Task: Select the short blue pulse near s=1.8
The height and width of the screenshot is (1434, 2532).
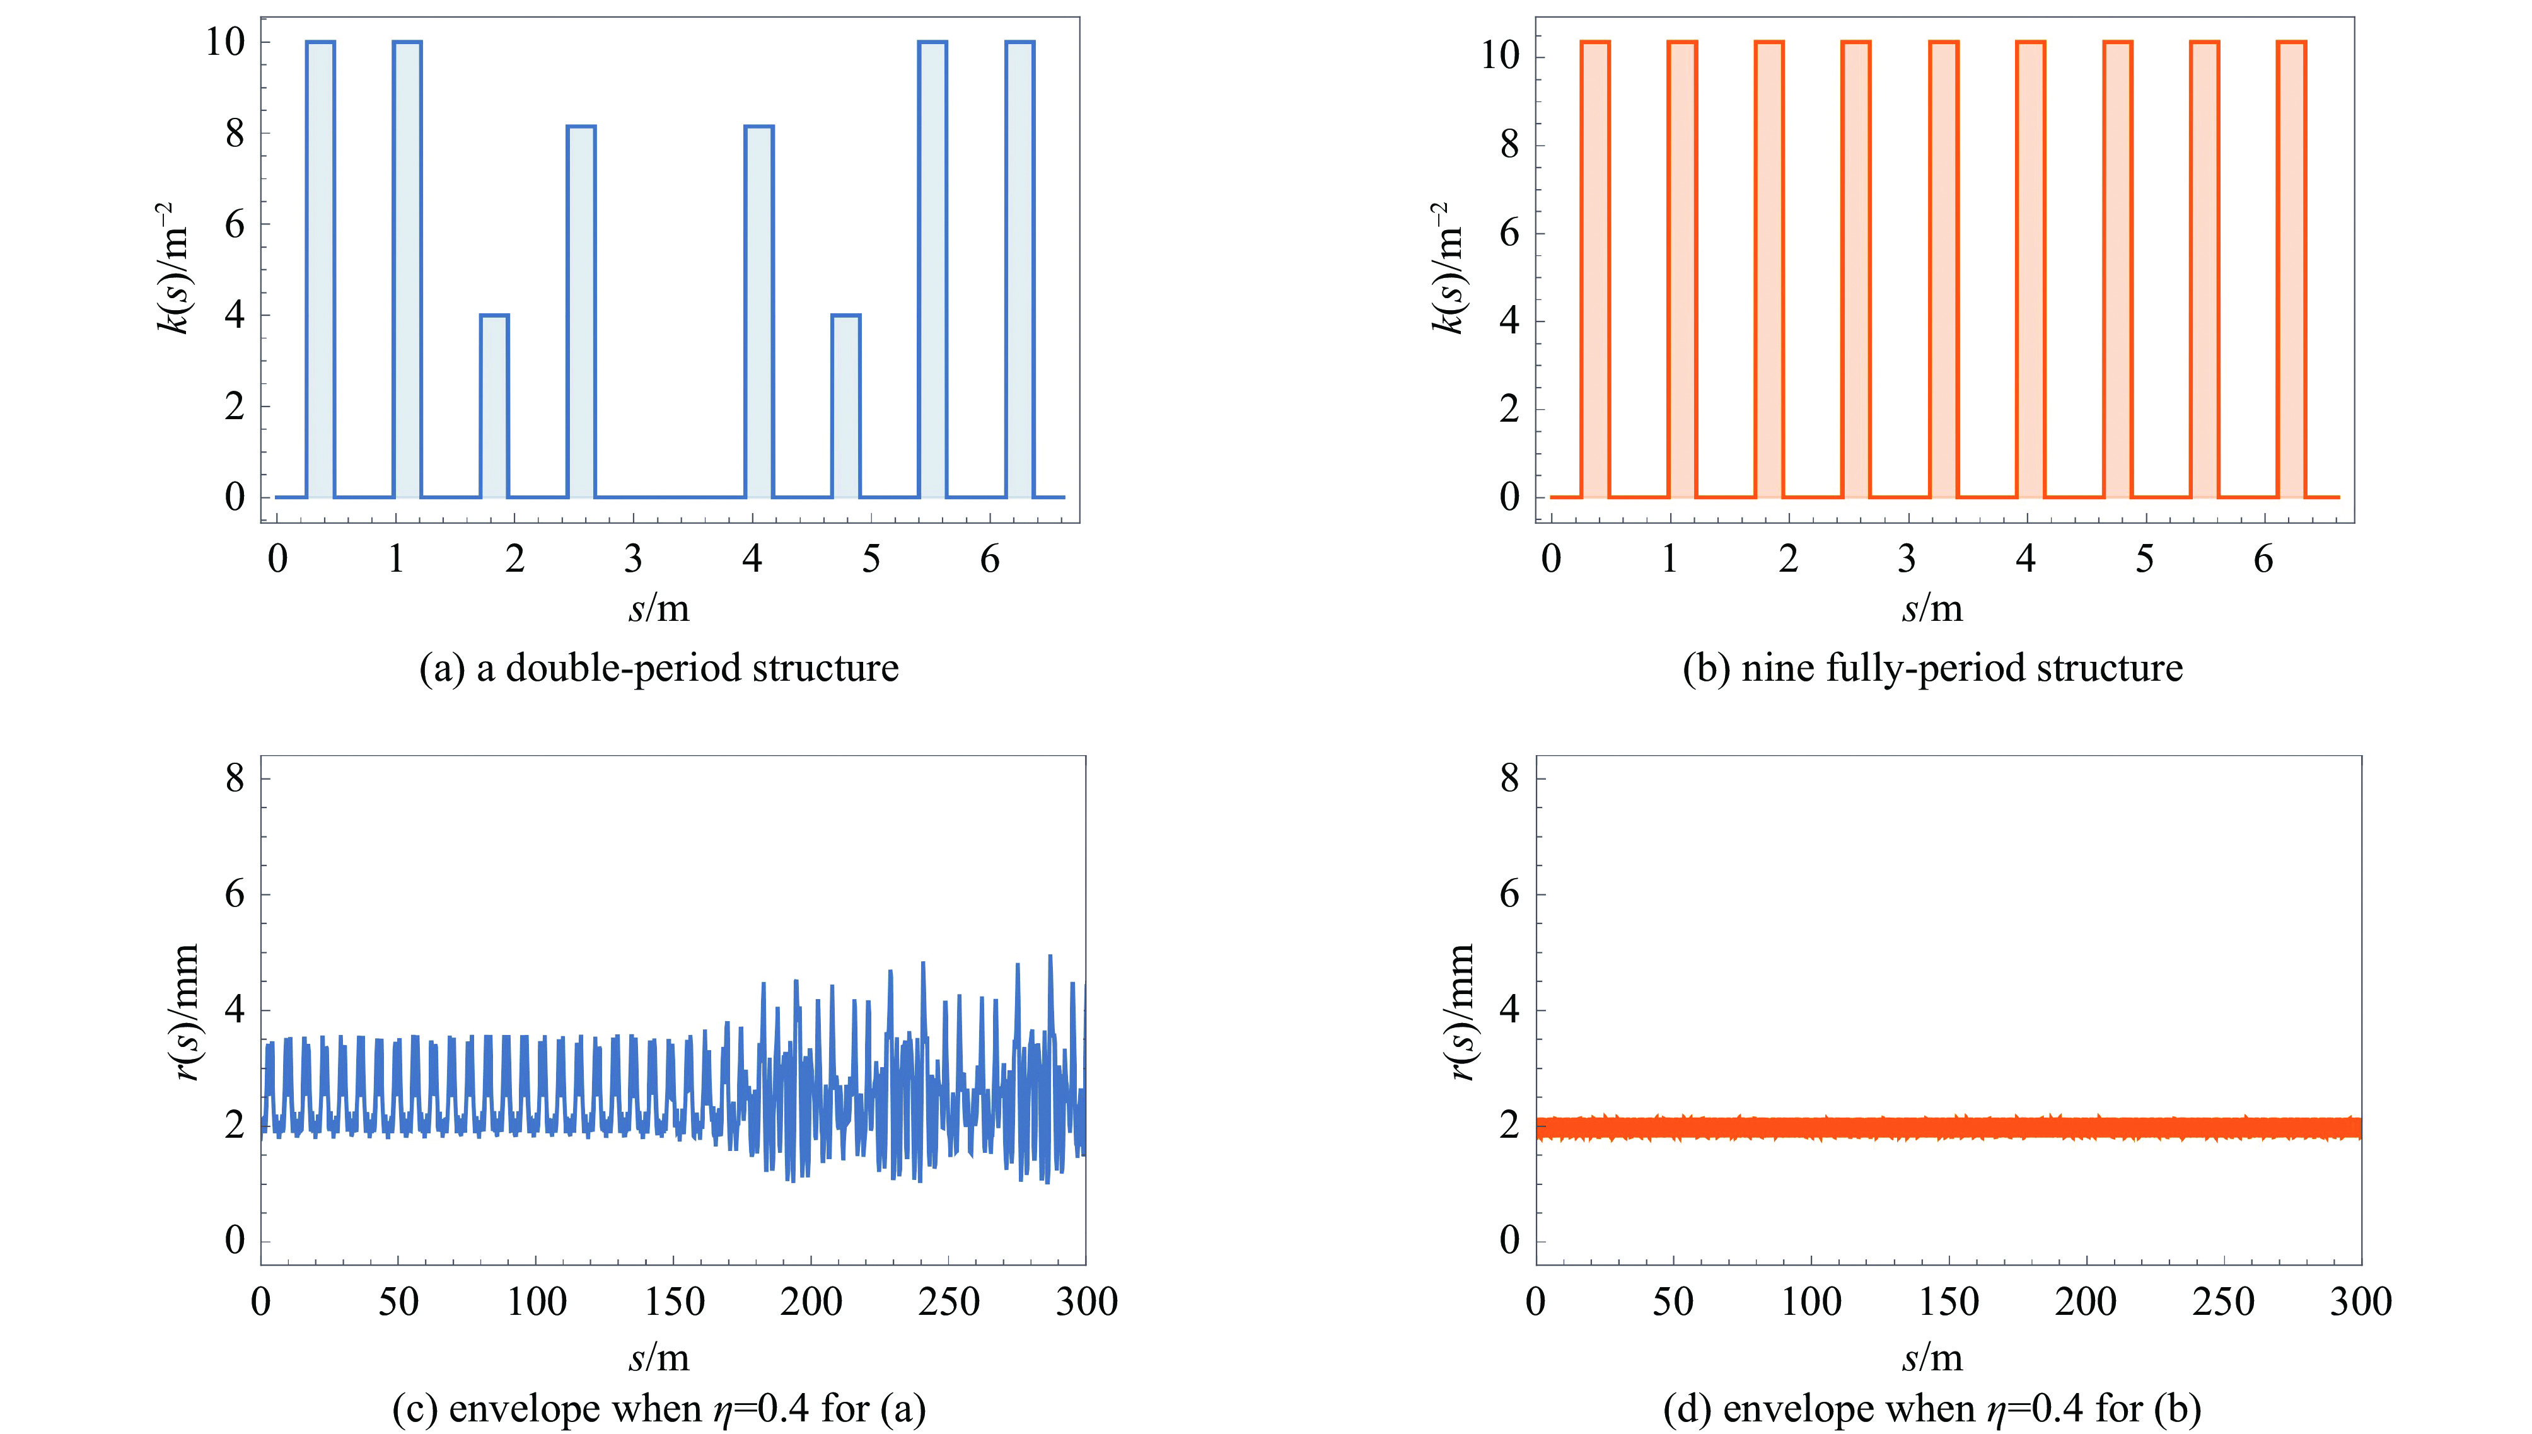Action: click(494, 406)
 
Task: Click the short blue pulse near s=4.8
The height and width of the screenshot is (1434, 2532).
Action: click(846, 406)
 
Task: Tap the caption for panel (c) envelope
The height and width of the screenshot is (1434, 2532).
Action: click(659, 1408)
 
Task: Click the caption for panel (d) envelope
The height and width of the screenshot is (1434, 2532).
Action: click(1932, 1408)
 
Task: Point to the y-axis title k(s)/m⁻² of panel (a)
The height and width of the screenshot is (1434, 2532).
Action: click(177, 268)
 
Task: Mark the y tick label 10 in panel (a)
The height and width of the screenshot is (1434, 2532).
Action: click(224, 42)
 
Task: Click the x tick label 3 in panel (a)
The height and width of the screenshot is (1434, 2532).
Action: click(633, 560)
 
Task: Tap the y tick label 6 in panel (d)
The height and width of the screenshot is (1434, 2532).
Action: click(1509, 894)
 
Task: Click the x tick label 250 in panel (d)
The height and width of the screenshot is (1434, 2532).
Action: click(2223, 1302)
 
